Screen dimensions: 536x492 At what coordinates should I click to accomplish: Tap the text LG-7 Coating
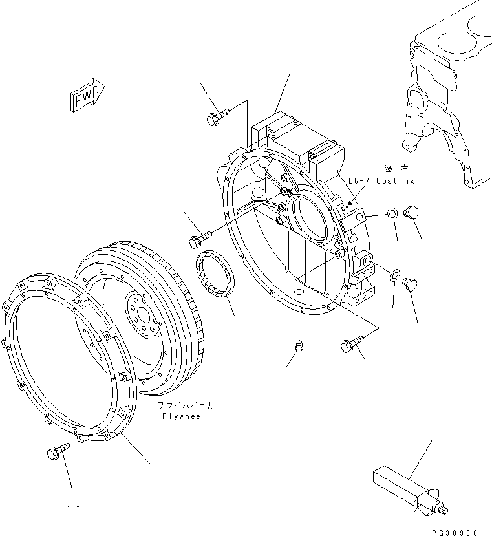coord(381,181)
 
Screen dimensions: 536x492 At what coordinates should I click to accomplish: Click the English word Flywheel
coord(185,417)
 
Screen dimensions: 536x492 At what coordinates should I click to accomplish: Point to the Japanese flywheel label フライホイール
coord(186,405)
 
